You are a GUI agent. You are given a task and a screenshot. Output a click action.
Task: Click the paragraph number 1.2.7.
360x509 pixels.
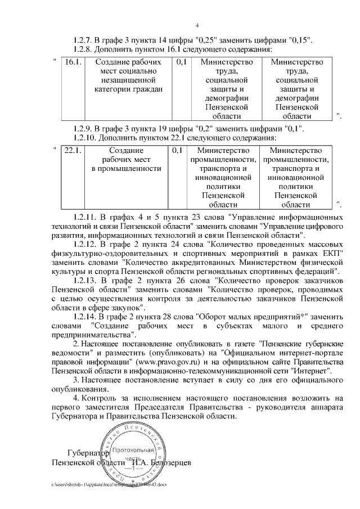pyautogui.click(x=85, y=40)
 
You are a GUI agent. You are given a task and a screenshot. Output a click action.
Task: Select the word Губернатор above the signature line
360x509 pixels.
pyautogui.click(x=86, y=452)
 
